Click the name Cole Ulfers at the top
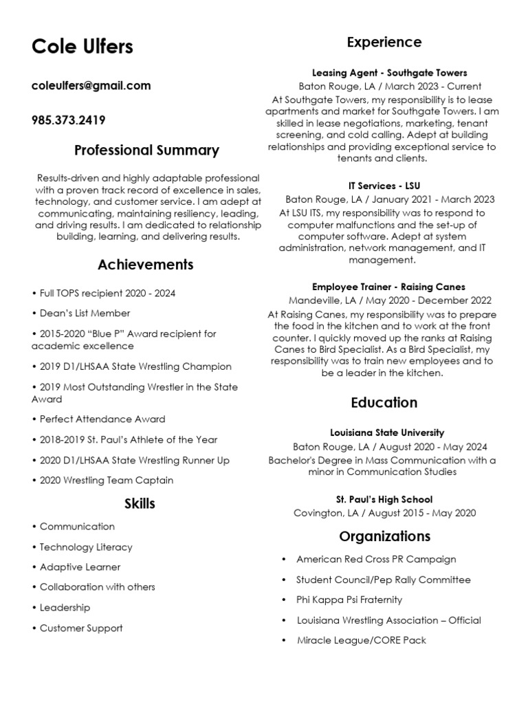[x=82, y=47]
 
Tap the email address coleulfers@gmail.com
[x=91, y=86]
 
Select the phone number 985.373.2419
[x=68, y=120]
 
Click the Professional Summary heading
[x=146, y=150]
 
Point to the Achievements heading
[x=146, y=265]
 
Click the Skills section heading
[x=140, y=504]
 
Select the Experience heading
[x=384, y=43]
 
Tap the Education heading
[x=384, y=402]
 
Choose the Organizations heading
[x=384, y=536]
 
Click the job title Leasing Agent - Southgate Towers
[x=389, y=73]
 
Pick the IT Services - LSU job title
[x=384, y=186]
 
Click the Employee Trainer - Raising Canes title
[x=388, y=287]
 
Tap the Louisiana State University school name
[x=387, y=433]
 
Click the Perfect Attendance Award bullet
[x=102, y=419]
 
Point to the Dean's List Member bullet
[x=85, y=313]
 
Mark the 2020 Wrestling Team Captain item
[x=106, y=481]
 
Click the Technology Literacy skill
[x=86, y=547]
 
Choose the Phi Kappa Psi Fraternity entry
[x=349, y=600]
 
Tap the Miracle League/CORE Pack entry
[x=361, y=640]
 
